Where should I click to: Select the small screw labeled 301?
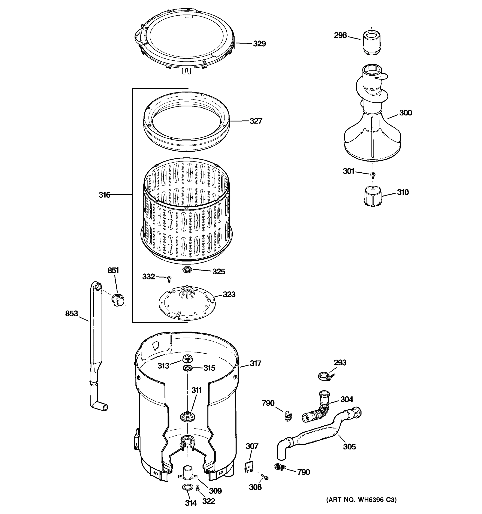(x=373, y=175)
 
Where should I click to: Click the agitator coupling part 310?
(x=372, y=197)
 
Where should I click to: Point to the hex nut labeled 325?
(x=186, y=270)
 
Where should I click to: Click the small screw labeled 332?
(x=169, y=279)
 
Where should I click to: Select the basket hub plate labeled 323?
(x=187, y=302)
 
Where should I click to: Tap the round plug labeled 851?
(x=118, y=300)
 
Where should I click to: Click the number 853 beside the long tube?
(x=71, y=314)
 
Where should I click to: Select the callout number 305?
(x=349, y=447)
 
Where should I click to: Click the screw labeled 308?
(x=265, y=477)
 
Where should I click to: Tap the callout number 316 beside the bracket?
(x=105, y=195)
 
